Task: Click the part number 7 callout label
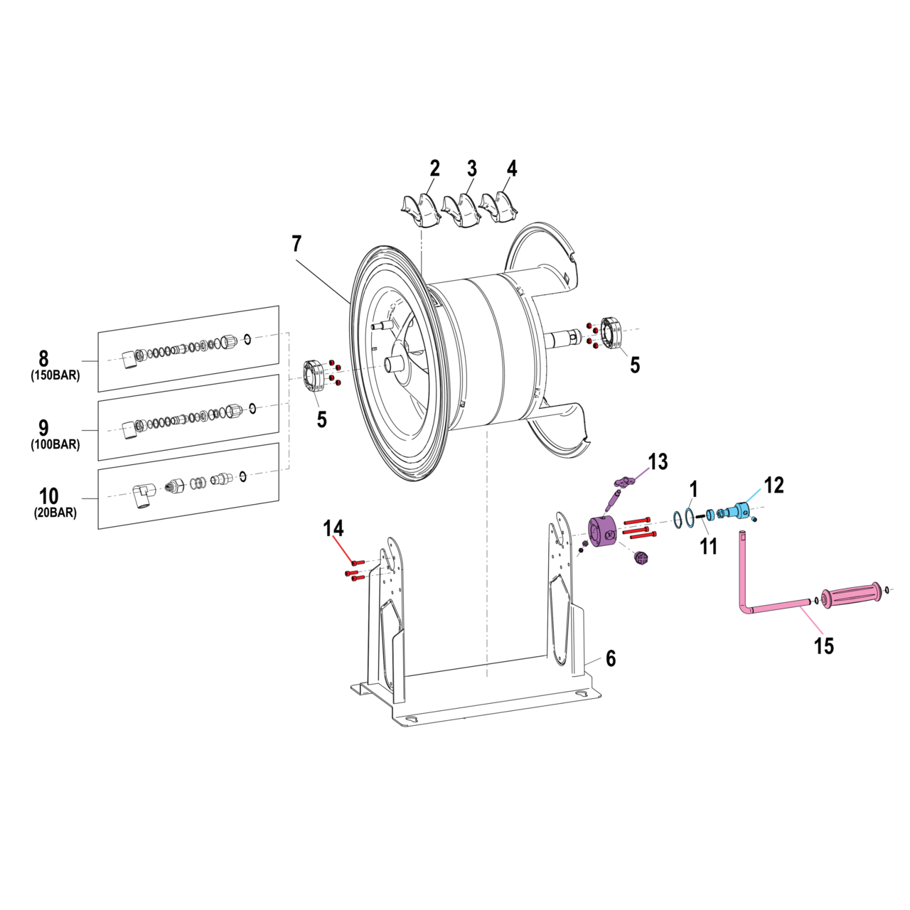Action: point(296,244)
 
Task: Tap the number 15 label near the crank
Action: point(823,646)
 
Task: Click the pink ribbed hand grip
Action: point(852,594)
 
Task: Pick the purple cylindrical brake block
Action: point(604,532)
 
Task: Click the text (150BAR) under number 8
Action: point(55,376)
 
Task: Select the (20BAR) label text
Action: point(55,513)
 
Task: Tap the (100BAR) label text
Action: point(55,445)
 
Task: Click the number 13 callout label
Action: point(658,462)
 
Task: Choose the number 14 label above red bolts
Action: point(333,528)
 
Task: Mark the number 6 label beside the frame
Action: point(611,658)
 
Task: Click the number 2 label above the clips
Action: point(434,168)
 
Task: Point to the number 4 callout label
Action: point(512,168)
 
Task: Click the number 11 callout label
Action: point(708,546)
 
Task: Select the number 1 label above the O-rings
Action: point(694,489)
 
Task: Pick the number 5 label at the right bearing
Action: point(634,365)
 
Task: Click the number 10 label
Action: point(48,496)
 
